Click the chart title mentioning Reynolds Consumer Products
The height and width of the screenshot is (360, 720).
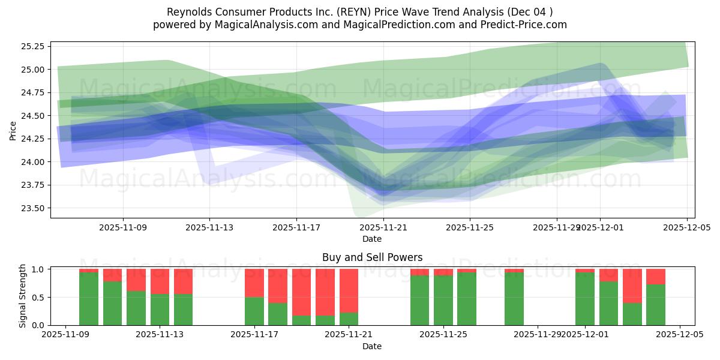(360, 12)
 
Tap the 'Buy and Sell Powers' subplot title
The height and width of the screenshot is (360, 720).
(372, 257)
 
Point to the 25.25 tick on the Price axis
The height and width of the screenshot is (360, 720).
(34, 46)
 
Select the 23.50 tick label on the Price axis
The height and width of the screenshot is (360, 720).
(34, 208)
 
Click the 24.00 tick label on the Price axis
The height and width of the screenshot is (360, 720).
(34, 162)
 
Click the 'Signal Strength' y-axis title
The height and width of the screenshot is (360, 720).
(23, 296)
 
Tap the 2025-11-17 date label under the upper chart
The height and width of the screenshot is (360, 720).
(296, 228)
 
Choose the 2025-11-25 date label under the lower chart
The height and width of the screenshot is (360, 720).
(443, 335)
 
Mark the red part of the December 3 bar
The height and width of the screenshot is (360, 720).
(632, 286)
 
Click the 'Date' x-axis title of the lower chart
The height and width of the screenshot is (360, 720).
(372, 346)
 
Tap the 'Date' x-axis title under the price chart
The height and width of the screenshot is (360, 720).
(372, 239)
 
